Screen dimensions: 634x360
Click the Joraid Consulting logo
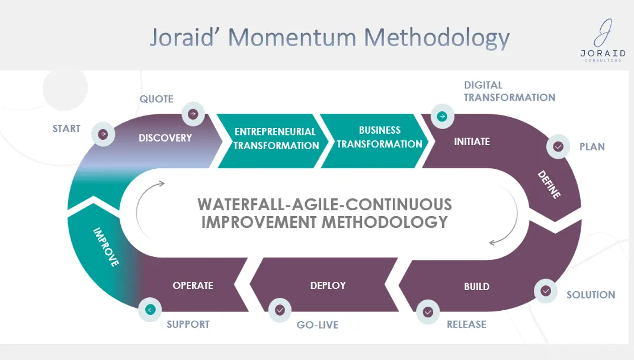coord(603,40)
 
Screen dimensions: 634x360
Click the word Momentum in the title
coord(292,37)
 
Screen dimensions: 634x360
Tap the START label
coord(66,128)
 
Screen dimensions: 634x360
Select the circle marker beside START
coord(103,134)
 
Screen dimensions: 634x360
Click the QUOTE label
coord(156,99)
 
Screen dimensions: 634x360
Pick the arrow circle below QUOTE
coord(193,114)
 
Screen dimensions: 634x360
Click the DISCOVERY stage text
coord(165,138)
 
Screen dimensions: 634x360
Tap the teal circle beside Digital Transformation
coord(443,117)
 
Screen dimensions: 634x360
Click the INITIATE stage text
coord(472,142)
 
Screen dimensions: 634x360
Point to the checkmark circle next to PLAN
coord(558,146)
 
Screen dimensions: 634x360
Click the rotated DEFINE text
coord(549,185)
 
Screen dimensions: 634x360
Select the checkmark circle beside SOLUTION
coord(546,291)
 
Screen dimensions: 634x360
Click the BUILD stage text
coord(477,287)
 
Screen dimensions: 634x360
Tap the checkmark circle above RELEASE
coord(428,312)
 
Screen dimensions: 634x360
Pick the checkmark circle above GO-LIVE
coord(280,310)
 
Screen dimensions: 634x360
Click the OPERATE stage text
coord(193,285)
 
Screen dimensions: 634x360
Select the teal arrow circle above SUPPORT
coord(150,310)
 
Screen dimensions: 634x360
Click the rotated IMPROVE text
coord(106,247)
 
